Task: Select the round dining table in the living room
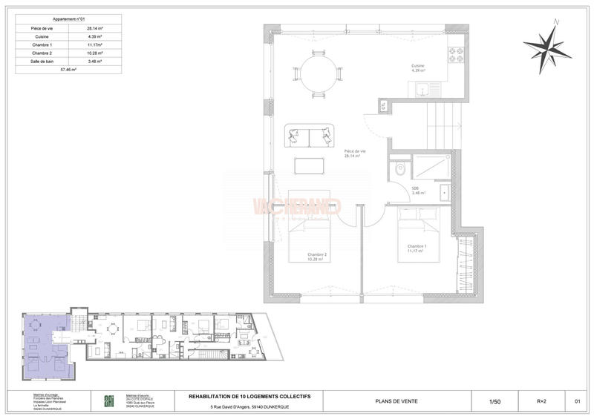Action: pyautogui.click(x=319, y=73)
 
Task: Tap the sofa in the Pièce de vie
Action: pyautogui.click(x=308, y=136)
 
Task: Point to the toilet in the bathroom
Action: pyautogui.click(x=400, y=168)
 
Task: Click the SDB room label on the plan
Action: pyautogui.click(x=415, y=188)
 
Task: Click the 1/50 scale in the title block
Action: pyautogui.click(x=495, y=401)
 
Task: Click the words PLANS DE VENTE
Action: pyautogui.click(x=401, y=401)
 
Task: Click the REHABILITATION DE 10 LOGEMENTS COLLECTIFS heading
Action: pyautogui.click(x=249, y=397)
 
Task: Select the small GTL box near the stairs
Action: pyautogui.click(x=383, y=106)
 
